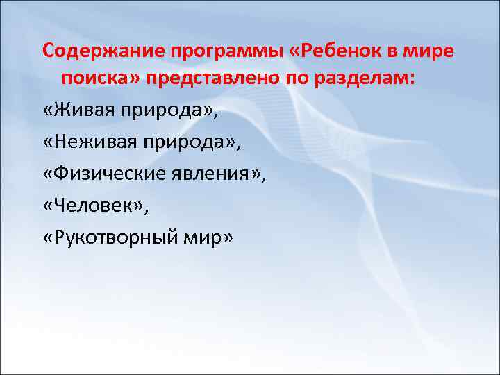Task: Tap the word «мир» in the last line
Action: tap(206, 236)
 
